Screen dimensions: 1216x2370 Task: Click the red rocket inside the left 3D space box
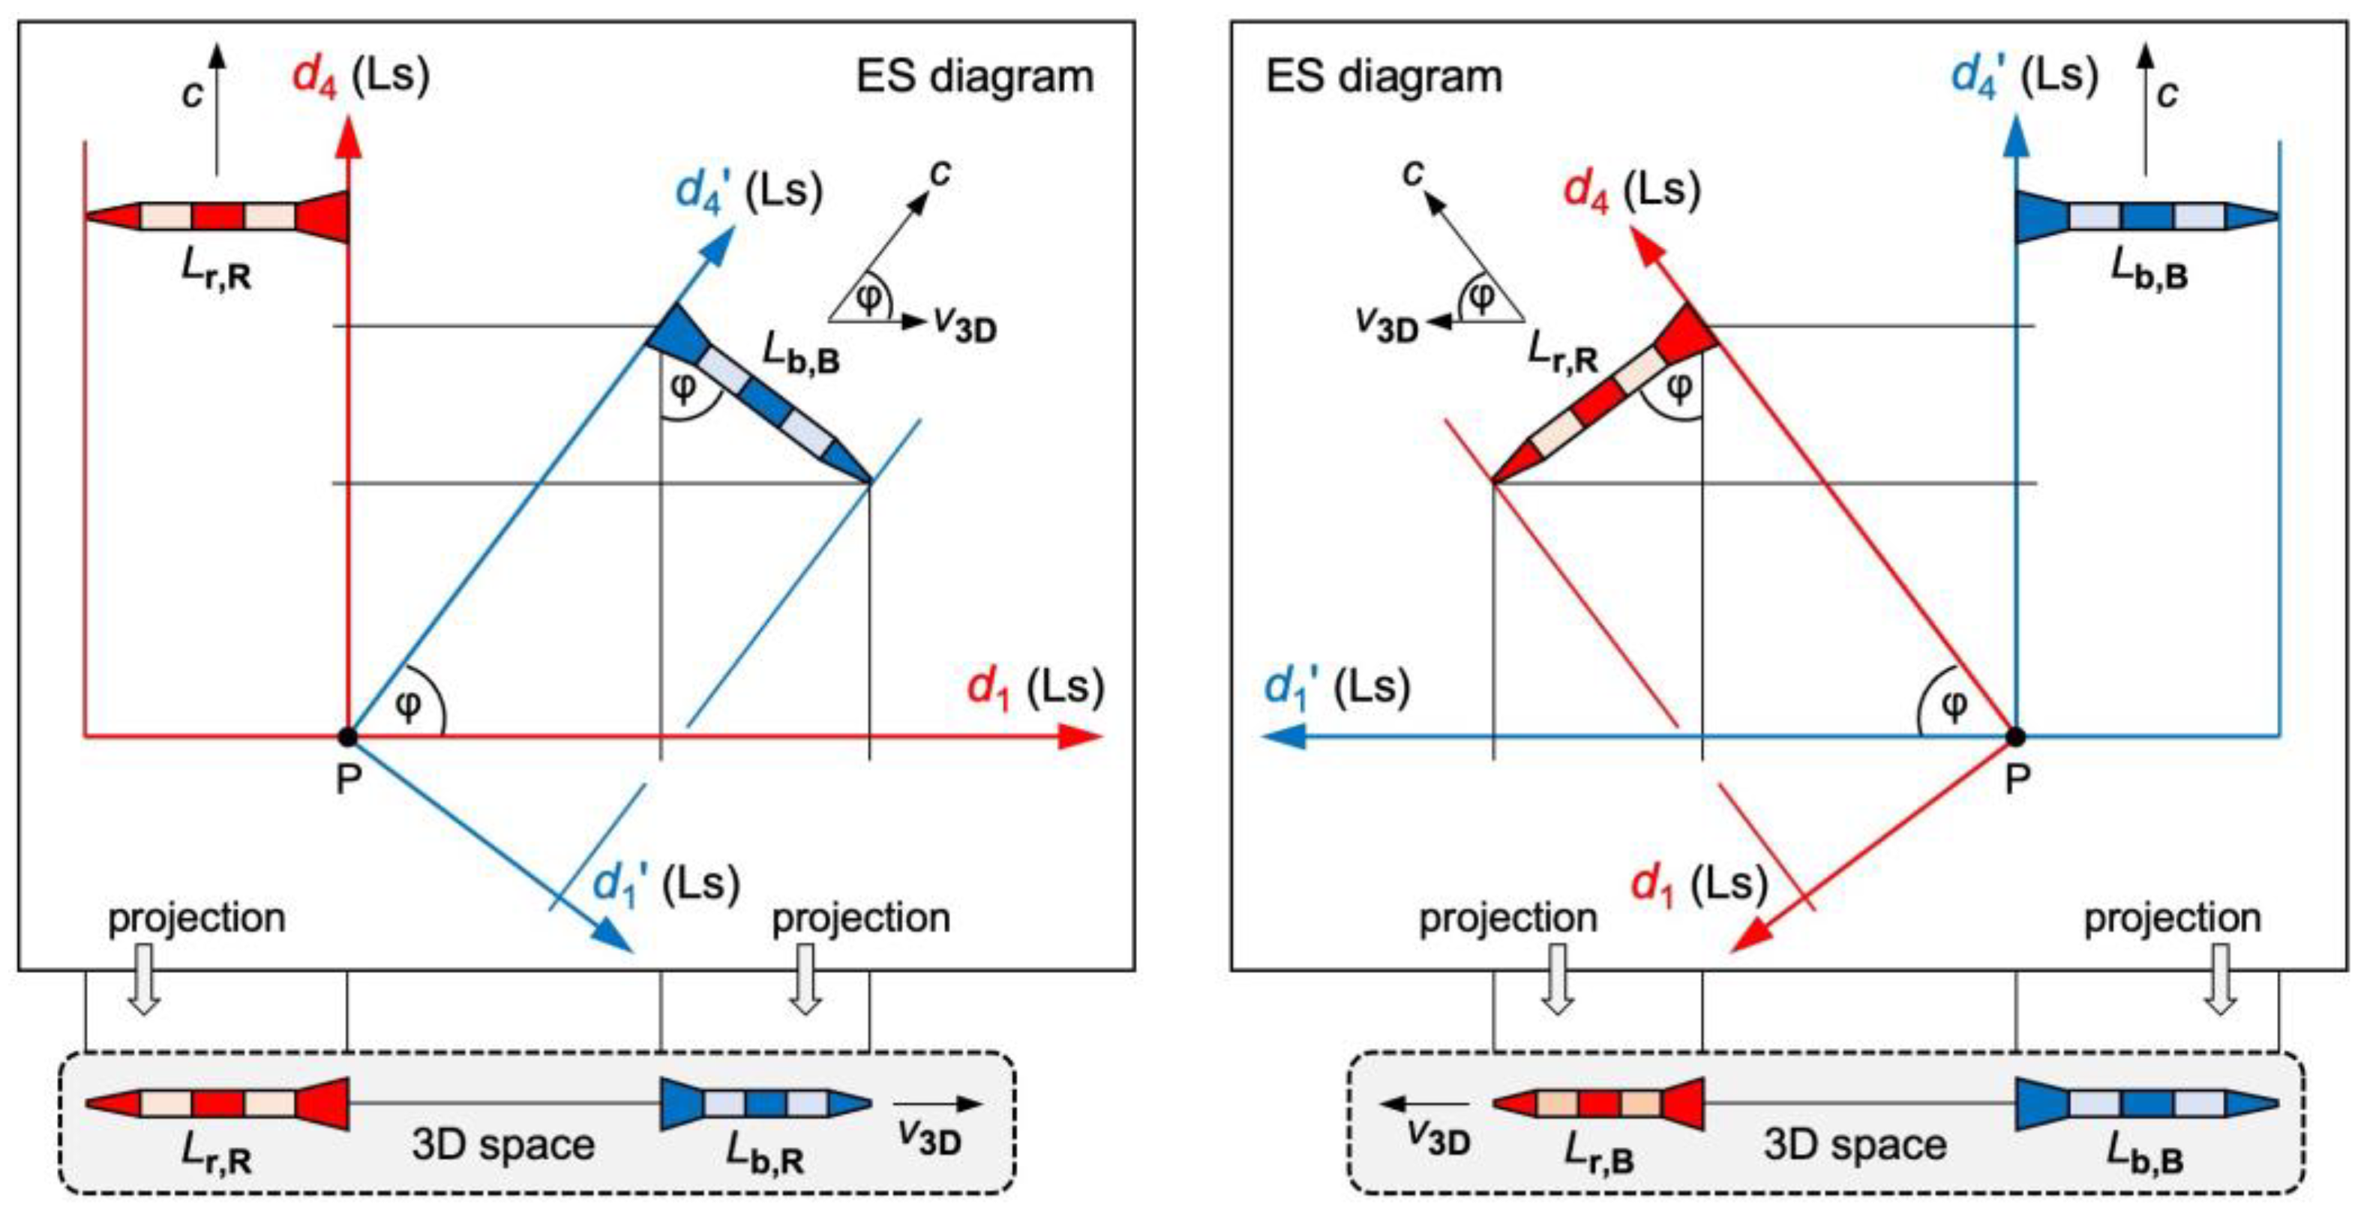click(x=217, y=1103)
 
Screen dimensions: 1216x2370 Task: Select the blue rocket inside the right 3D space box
click(x=2146, y=1103)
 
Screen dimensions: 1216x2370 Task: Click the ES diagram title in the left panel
click(x=974, y=76)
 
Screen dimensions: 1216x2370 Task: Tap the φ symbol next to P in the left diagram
click(x=407, y=705)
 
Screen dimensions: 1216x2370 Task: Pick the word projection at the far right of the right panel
click(x=2172, y=918)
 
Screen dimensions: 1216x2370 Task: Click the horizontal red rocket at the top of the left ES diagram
click(x=217, y=217)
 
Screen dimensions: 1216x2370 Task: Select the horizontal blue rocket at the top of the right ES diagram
click(x=2146, y=217)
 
